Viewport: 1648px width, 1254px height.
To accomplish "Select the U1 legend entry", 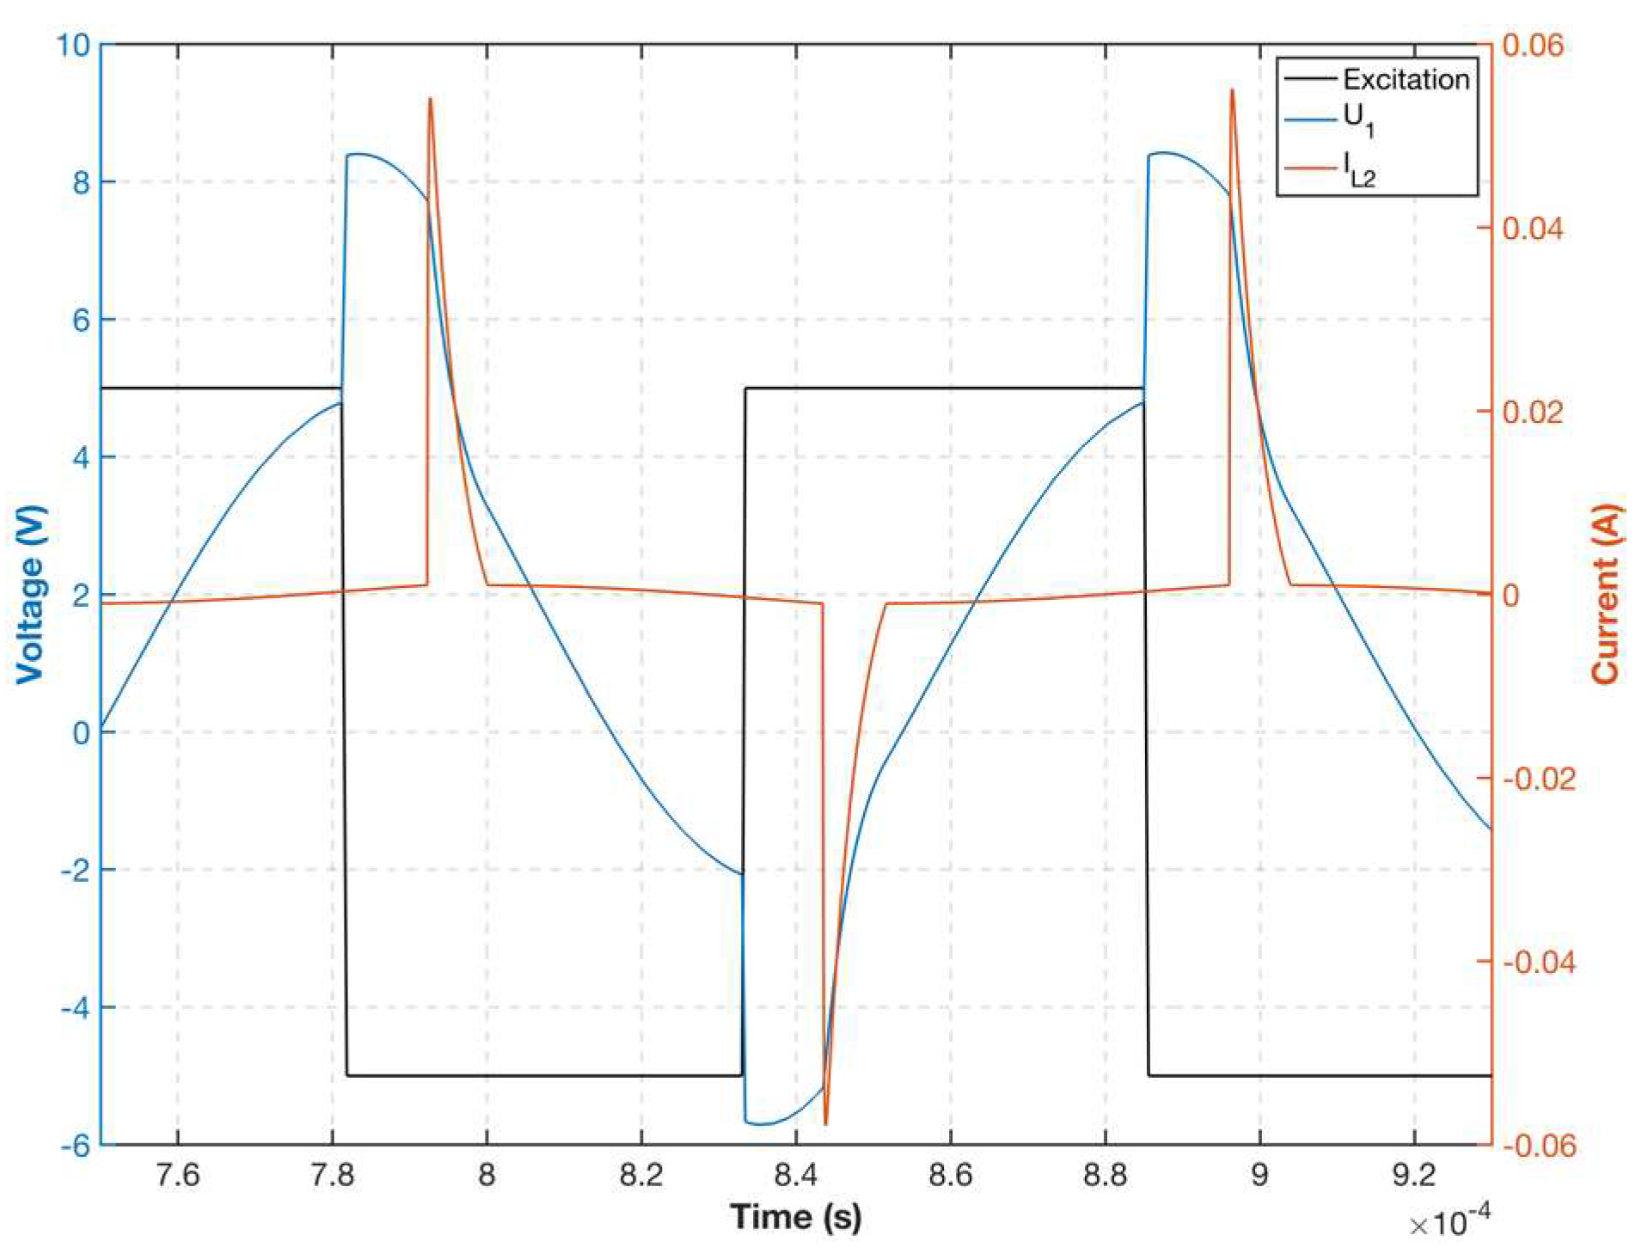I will [x=1358, y=120].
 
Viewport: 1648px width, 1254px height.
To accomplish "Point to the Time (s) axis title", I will [x=795, y=1216].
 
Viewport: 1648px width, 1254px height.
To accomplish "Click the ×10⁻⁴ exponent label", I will [x=1449, y=1221].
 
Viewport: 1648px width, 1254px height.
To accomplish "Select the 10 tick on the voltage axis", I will [x=72, y=45].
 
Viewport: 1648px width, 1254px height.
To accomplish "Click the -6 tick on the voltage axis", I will [x=76, y=1145].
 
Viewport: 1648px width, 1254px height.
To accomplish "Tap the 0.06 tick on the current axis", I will [x=1532, y=45].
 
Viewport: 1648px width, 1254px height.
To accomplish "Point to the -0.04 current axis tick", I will [x=1538, y=962].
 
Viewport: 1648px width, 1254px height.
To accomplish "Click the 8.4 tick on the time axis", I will [x=795, y=1174].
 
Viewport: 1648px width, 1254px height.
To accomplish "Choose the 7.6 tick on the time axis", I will [x=178, y=1174].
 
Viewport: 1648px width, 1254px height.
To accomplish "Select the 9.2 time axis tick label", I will [x=1413, y=1174].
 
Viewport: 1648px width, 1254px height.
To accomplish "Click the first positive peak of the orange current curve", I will [x=430, y=100].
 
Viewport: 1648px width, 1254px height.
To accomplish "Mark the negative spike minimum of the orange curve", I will [x=825, y=1123].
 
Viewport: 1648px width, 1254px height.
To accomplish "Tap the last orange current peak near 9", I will [x=1232, y=90].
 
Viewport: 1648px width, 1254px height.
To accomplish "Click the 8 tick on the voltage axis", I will [x=81, y=182].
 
